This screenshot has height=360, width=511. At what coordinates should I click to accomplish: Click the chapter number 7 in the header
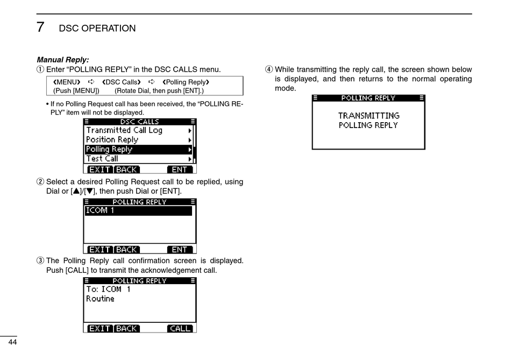click(x=40, y=27)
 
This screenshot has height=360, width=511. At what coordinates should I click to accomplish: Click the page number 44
click(x=12, y=343)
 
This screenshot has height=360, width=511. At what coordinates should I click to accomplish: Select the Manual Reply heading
click(x=62, y=60)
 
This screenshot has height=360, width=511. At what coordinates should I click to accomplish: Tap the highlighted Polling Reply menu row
click(x=138, y=149)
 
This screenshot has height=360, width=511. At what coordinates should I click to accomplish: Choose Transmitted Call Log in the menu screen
click(x=124, y=130)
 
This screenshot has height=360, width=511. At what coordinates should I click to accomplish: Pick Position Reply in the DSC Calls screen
click(x=112, y=140)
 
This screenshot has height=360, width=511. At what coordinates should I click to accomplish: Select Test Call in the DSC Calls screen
click(x=102, y=159)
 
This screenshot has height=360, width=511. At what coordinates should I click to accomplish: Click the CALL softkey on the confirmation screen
click(x=180, y=328)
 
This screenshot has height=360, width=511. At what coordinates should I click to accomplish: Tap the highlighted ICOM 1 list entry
click(x=138, y=211)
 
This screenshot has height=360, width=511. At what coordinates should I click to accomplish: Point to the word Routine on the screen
click(x=100, y=299)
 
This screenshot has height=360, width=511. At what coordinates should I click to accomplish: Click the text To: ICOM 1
click(x=108, y=289)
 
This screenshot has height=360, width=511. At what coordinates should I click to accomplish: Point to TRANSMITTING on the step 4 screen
click(x=368, y=116)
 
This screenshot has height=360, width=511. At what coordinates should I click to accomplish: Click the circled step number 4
click(x=269, y=69)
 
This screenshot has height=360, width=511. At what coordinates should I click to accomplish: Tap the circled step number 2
click(x=40, y=182)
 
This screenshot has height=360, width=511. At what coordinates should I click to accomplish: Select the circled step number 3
click(x=40, y=261)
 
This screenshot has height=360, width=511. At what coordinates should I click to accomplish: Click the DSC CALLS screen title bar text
click(x=139, y=122)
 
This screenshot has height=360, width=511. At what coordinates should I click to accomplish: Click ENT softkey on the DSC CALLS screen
click(x=180, y=170)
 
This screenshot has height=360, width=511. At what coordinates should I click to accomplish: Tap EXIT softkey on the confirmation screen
click(x=100, y=328)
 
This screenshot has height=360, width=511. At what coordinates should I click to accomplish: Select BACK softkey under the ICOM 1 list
click(x=126, y=250)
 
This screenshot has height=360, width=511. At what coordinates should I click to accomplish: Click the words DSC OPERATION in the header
click(x=97, y=29)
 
